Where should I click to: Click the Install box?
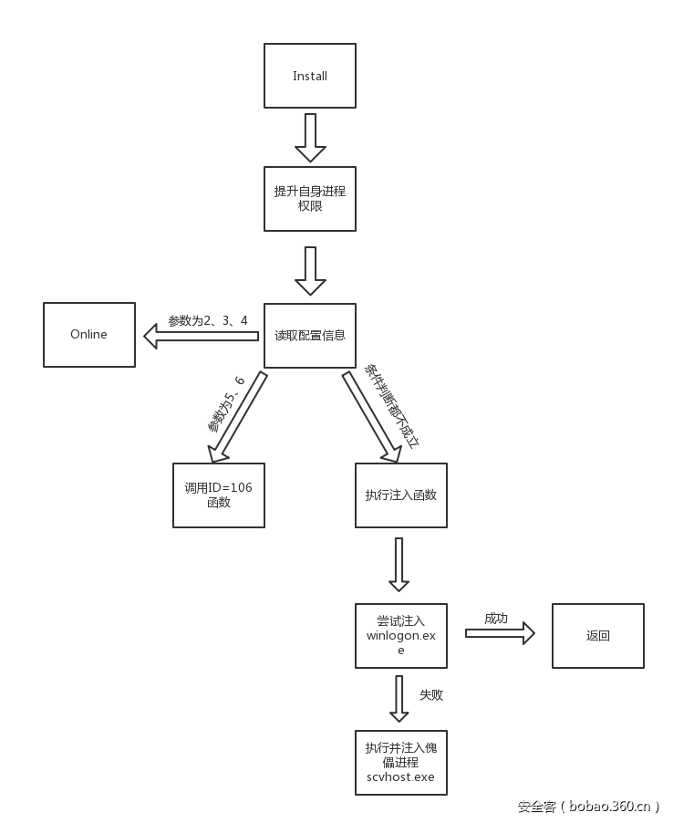pyautogui.click(x=310, y=76)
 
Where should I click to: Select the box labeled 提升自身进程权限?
pyautogui.click(x=310, y=199)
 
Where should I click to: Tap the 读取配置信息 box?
pyautogui.click(x=310, y=335)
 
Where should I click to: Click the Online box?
pyautogui.click(x=89, y=335)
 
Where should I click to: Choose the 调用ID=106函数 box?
pyautogui.click(x=219, y=495)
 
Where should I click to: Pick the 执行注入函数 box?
pyautogui.click(x=401, y=495)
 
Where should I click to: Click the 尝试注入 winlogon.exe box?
pyautogui.click(x=401, y=635)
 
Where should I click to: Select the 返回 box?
pyautogui.click(x=598, y=635)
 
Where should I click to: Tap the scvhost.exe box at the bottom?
pyautogui.click(x=401, y=762)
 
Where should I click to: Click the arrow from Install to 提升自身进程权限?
pyautogui.click(x=310, y=137)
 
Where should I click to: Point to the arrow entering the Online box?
pyautogui.click(x=201, y=336)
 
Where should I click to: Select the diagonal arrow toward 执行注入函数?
pyautogui.click(x=372, y=416)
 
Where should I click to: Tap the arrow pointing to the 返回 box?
pyautogui.click(x=500, y=633)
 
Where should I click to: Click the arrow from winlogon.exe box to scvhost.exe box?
pyautogui.click(x=399, y=699)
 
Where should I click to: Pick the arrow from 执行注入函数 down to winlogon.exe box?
pyautogui.click(x=399, y=564)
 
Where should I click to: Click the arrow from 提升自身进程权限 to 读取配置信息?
pyautogui.click(x=310, y=270)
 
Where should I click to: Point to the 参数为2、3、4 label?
pyautogui.click(x=208, y=321)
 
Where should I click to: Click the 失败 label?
pyautogui.click(x=431, y=695)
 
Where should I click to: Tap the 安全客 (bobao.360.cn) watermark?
pyautogui.click(x=588, y=806)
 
